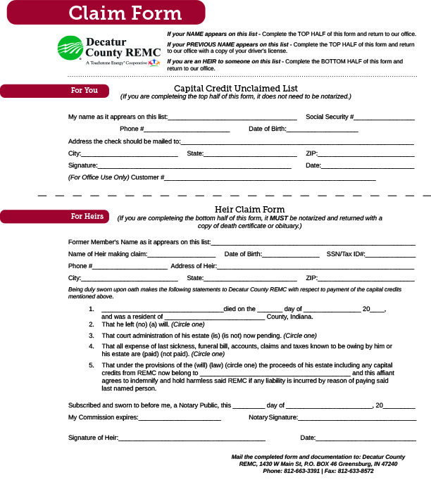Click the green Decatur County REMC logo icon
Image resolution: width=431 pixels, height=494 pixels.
[x=69, y=50]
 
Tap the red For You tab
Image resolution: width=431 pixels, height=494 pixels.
[x=55, y=91]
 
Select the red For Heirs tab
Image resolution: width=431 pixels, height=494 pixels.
[x=55, y=216]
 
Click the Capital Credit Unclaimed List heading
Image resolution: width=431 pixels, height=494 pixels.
[x=236, y=88]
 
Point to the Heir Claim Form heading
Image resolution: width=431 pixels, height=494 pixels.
[x=249, y=210]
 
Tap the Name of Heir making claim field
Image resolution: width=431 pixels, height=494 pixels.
[x=181, y=255]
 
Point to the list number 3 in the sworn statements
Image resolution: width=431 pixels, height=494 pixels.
[x=92, y=336]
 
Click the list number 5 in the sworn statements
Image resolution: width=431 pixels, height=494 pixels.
[x=92, y=366]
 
